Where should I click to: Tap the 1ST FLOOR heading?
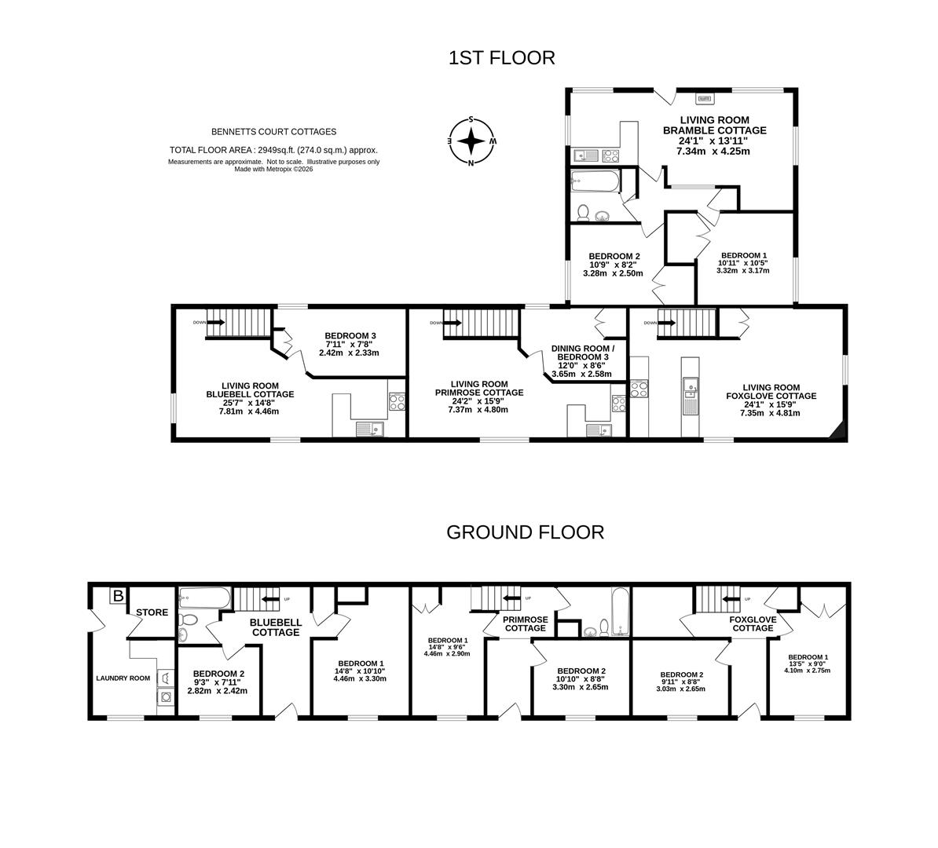point(502,57)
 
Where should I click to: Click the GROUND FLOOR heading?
point(526,532)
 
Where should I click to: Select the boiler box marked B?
point(119,596)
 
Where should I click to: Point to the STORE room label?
point(152,612)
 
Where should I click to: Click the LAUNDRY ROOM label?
point(123,678)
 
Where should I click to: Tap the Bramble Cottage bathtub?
point(595,181)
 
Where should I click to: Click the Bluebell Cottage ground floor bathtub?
point(204,598)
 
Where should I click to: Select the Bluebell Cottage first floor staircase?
point(240,323)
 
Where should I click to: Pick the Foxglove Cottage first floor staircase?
point(687,323)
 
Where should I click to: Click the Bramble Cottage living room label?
point(714,136)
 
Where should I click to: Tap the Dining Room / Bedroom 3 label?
point(582,361)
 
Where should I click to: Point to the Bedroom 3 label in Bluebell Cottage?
point(350,345)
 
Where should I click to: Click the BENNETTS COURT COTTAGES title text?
point(274,132)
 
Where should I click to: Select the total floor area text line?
point(273,150)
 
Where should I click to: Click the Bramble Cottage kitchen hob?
point(610,156)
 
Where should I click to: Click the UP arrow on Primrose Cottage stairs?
point(513,598)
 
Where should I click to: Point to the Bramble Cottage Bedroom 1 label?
point(744,262)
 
